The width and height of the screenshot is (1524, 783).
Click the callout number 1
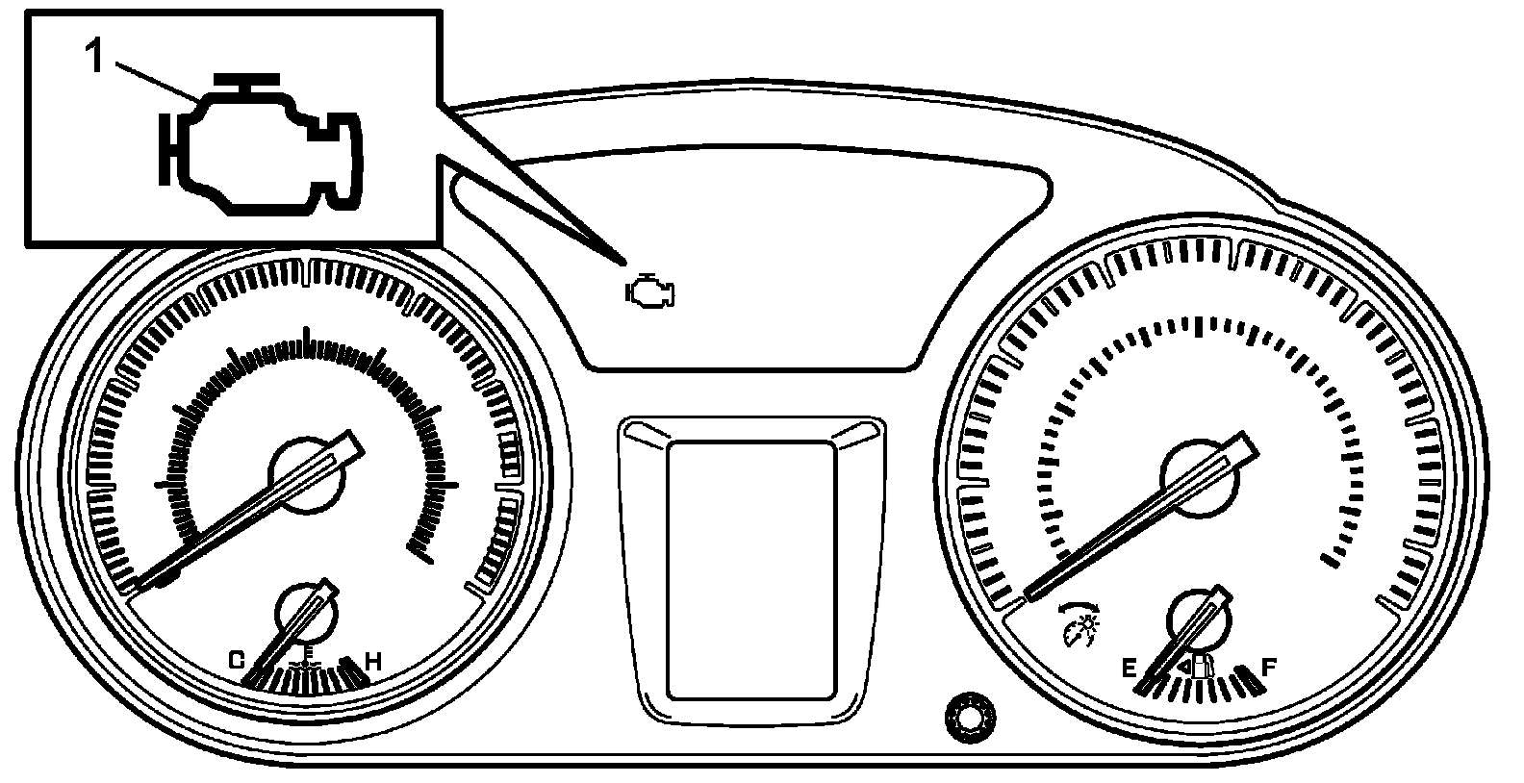click(x=94, y=58)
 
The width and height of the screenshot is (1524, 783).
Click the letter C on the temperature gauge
click(x=237, y=661)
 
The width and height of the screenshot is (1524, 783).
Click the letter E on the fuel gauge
click(x=1129, y=668)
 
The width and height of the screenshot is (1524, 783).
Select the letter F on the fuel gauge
click(x=1268, y=667)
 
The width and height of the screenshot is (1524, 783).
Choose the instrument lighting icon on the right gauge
click(x=1079, y=624)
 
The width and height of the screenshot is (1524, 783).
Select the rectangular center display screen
click(x=750, y=570)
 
